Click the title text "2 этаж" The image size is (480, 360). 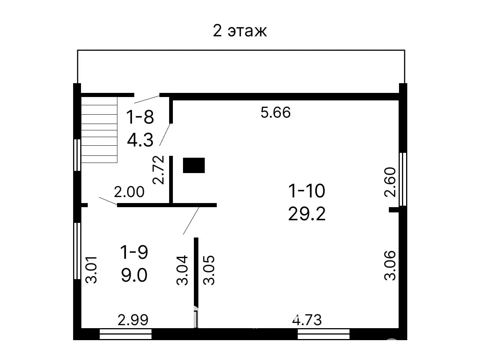(240, 31)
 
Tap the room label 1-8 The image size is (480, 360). (140, 117)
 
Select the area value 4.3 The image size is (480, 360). (140, 140)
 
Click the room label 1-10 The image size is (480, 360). (306, 191)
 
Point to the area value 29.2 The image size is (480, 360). (306, 214)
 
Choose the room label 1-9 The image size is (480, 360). (134, 252)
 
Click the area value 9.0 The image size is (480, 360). (134, 276)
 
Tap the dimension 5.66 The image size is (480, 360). (276, 112)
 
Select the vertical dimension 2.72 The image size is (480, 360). (159, 169)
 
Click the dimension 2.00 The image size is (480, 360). (129, 192)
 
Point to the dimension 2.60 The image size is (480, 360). (390, 182)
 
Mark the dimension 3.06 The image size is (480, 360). (390, 266)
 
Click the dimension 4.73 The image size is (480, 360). (307, 320)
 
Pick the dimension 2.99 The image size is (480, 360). (133, 320)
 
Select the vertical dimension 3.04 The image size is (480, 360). (183, 270)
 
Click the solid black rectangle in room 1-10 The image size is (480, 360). (194, 165)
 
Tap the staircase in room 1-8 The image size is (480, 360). (99, 129)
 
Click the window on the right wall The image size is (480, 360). (403, 179)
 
